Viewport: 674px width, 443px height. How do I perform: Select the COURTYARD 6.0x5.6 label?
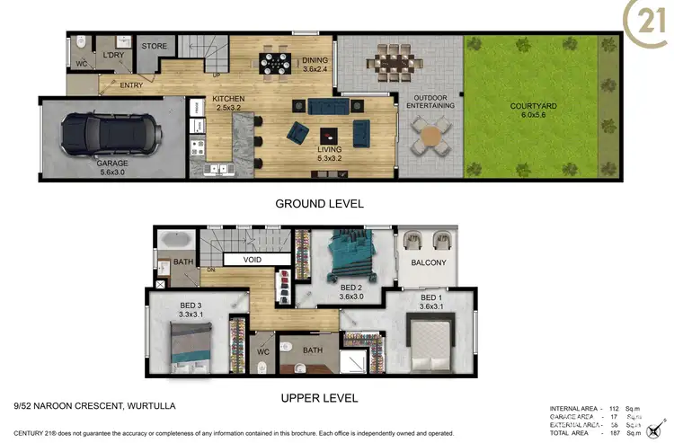pyautogui.click(x=534, y=111)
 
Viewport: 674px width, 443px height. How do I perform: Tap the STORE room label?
pyautogui.click(x=154, y=47)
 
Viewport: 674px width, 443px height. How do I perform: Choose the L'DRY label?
pyautogui.click(x=114, y=56)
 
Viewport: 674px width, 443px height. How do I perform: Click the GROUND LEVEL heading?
pyautogui.click(x=319, y=204)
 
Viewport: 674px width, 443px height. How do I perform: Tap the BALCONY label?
pyautogui.click(x=429, y=263)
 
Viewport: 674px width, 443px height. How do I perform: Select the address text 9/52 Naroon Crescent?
pyautogui.click(x=88, y=406)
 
